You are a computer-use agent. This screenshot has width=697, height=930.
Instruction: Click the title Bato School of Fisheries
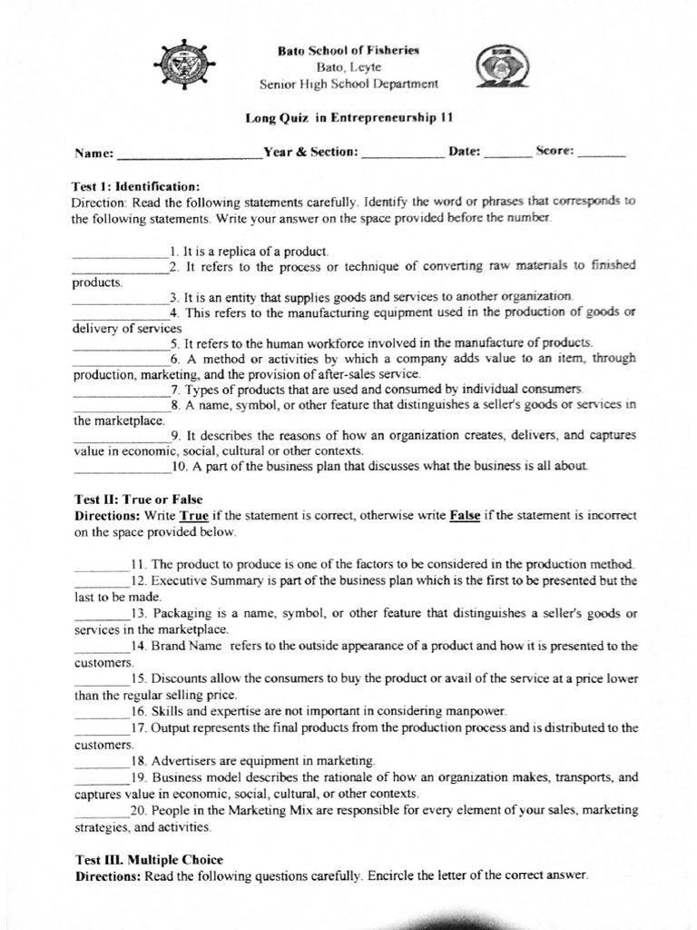[348, 51]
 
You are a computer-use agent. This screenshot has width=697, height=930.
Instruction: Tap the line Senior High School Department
[348, 84]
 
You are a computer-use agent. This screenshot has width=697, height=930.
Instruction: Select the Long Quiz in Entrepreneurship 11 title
[349, 117]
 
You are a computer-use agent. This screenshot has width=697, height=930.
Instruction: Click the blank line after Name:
[190, 154]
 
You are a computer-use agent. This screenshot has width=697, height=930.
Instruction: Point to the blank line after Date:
[507, 153]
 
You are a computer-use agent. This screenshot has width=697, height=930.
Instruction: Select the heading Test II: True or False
[138, 500]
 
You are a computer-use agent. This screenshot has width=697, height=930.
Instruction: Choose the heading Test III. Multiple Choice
[148, 859]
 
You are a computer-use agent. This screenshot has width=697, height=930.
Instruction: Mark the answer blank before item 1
[120, 252]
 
